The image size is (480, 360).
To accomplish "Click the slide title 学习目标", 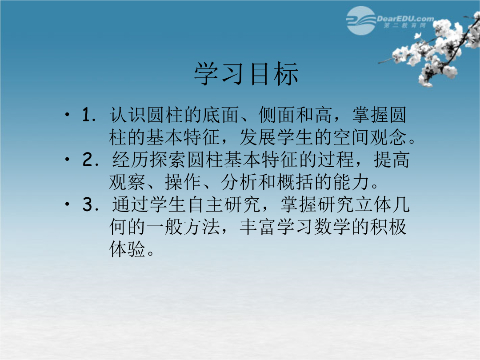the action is pos(246,74).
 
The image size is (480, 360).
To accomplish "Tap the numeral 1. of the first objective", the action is pos(89,115).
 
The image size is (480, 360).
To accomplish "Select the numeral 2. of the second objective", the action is pos(91,160).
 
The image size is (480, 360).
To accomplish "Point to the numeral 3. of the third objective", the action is pos(91,204).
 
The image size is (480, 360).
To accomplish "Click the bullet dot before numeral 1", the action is pos(68,115).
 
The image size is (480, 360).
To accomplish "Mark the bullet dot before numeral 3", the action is pos(68,204).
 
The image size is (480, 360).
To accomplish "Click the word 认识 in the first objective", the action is pos(128,115).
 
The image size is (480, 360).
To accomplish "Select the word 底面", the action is pos(221,115).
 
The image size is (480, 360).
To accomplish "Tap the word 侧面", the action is pos(277,115).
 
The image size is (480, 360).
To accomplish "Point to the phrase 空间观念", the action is pos(370,137).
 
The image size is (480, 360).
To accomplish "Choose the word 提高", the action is pos(392,160).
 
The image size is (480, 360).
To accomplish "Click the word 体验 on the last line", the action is pos(128,249).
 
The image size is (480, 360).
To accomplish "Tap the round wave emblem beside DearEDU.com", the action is pos(361,20).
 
